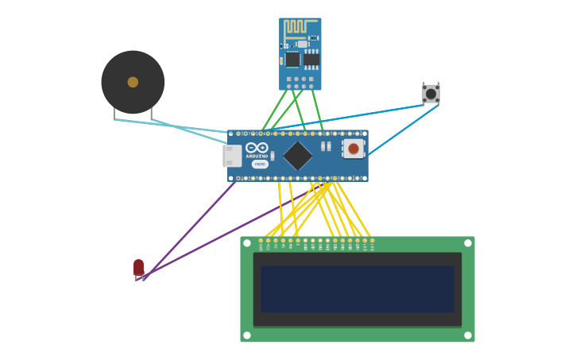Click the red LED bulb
tap(138, 267)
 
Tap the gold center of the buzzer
tap(133, 82)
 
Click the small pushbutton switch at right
tap(431, 94)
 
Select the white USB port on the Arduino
tap(232, 156)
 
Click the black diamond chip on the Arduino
tap(297, 156)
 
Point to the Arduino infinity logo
tap(257, 148)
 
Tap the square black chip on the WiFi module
tap(292, 60)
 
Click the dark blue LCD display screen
tap(357, 288)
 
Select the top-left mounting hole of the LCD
tap(247, 243)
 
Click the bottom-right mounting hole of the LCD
tap(467, 335)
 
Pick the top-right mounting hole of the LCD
tap(467, 243)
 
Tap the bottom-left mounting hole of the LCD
tap(247, 335)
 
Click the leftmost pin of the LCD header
tap(261, 241)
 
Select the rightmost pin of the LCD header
tap(372, 241)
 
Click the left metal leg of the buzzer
tap(114, 115)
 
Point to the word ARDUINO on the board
tap(257, 157)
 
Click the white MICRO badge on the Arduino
tap(260, 165)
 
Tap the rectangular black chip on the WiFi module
tap(311, 60)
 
